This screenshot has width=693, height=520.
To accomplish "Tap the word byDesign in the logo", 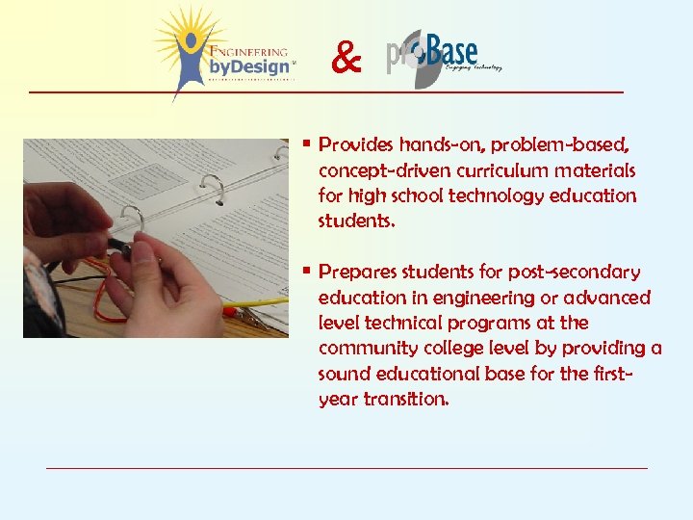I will click(248, 67).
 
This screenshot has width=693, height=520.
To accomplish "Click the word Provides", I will click(356, 145).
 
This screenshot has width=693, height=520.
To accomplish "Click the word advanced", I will click(610, 298).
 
